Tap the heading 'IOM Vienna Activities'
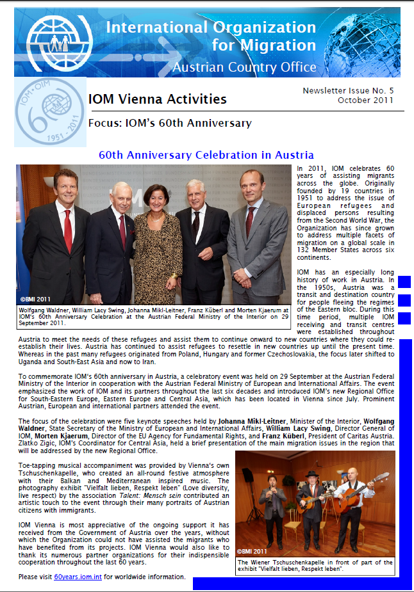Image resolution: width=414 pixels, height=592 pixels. (157, 99)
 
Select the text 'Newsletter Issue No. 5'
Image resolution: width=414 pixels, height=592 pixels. (348, 91)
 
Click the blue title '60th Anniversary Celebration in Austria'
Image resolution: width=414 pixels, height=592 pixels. (206, 155)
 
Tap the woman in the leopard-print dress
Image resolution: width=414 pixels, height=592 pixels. (148, 243)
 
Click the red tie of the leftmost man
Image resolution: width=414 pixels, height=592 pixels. (67, 231)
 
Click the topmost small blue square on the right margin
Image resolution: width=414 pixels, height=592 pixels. (404, 281)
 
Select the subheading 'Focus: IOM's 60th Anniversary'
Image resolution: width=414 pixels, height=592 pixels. (170, 124)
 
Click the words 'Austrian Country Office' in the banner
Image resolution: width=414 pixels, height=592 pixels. (244, 67)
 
